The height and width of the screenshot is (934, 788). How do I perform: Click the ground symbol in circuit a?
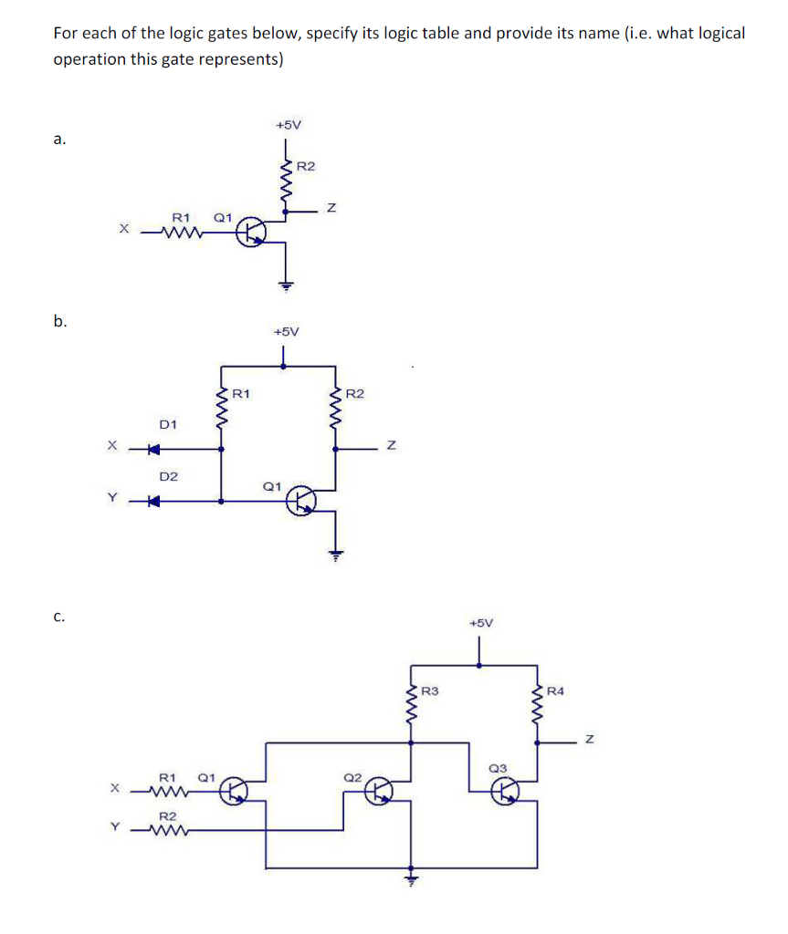(x=286, y=285)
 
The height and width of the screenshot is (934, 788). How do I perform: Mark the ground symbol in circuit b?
(x=336, y=553)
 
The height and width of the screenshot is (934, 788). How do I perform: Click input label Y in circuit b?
(x=113, y=498)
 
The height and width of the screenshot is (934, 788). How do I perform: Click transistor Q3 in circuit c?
(x=504, y=792)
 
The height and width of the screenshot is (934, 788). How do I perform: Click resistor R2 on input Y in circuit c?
(x=170, y=830)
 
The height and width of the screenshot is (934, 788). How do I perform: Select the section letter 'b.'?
(x=60, y=321)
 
